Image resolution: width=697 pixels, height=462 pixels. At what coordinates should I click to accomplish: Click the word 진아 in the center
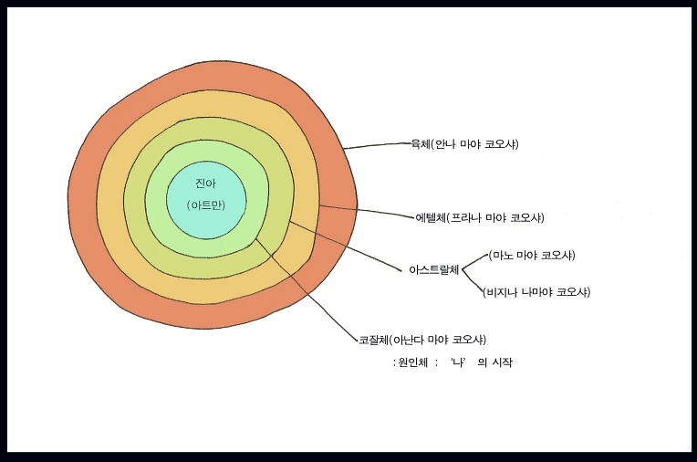(x=204, y=184)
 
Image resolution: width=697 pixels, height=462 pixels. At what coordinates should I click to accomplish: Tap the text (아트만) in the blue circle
(x=205, y=205)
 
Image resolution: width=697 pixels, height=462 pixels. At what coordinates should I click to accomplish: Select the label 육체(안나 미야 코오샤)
(x=465, y=144)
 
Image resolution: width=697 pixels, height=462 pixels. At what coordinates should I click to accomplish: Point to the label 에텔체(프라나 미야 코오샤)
(x=479, y=217)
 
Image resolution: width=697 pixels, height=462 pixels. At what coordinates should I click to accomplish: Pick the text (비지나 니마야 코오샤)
(x=536, y=292)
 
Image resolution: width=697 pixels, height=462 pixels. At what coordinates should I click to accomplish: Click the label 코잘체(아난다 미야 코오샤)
(x=421, y=340)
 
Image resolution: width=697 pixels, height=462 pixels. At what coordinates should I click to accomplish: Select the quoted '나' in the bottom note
(x=459, y=362)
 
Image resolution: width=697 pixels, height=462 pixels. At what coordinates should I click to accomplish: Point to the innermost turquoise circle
(x=205, y=219)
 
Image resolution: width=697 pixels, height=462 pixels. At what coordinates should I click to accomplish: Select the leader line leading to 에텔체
(x=369, y=212)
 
